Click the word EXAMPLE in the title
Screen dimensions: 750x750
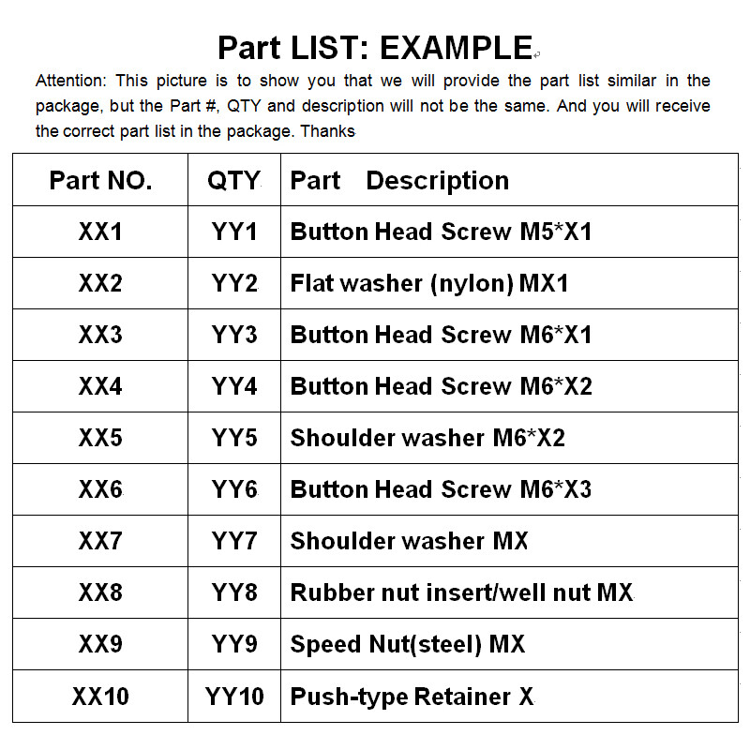coord(456,47)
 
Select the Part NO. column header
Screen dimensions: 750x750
coord(100,181)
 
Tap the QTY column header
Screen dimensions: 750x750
coord(233,181)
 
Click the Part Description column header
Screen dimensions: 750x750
coord(399,181)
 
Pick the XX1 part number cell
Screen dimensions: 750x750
coord(100,232)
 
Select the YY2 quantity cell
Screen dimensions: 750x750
coord(234,283)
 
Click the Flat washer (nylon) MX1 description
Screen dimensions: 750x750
coord(429,283)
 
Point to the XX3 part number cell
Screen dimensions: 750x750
coord(100,335)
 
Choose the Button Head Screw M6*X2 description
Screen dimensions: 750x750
coord(441,386)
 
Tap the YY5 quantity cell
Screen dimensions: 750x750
coord(234,438)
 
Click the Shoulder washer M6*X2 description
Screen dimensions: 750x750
coord(427,438)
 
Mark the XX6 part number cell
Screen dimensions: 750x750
coord(100,489)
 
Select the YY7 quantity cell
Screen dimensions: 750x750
coord(234,541)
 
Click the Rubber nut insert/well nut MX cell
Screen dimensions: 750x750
coord(461,592)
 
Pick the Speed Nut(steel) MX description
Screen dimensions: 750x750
coord(407,644)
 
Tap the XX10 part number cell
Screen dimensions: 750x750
coord(100,697)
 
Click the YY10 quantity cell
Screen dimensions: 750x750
coord(234,697)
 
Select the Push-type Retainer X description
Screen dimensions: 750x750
coord(412,697)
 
